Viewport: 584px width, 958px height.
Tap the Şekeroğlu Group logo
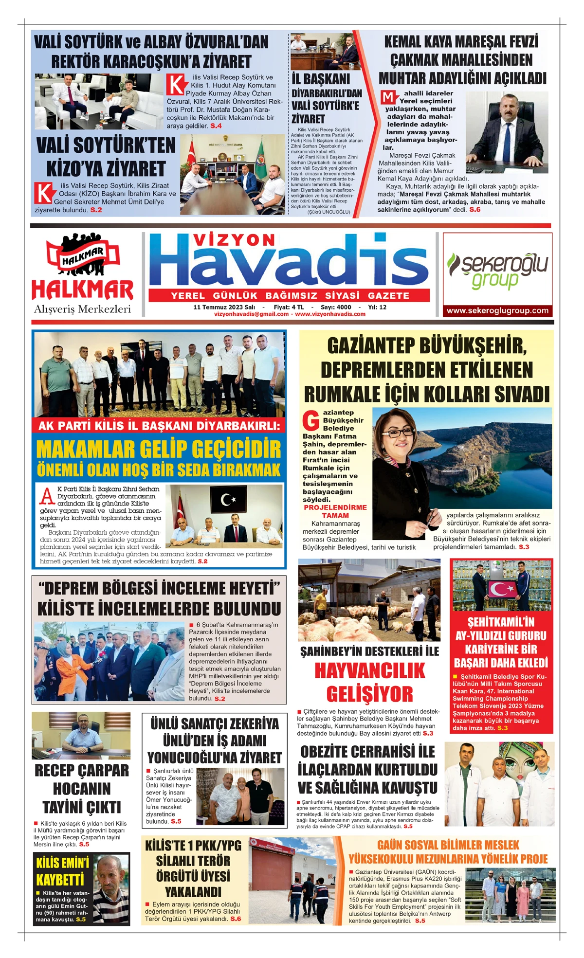497,270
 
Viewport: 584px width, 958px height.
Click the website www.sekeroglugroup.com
497,310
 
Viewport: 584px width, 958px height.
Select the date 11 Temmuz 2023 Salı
224,307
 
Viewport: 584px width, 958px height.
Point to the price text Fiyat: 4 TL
289,307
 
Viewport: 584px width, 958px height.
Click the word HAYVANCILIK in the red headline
370,671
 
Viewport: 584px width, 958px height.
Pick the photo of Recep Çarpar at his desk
81,735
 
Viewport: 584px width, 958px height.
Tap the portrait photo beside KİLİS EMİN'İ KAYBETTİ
111,889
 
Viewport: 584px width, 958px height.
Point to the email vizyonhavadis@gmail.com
252,314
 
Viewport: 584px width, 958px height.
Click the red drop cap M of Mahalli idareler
388,97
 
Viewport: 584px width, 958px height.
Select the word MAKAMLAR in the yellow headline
88,449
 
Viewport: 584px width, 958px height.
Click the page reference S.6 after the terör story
236,919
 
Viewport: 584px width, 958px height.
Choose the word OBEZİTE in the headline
333,752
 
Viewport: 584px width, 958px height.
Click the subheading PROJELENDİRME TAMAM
335,511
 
